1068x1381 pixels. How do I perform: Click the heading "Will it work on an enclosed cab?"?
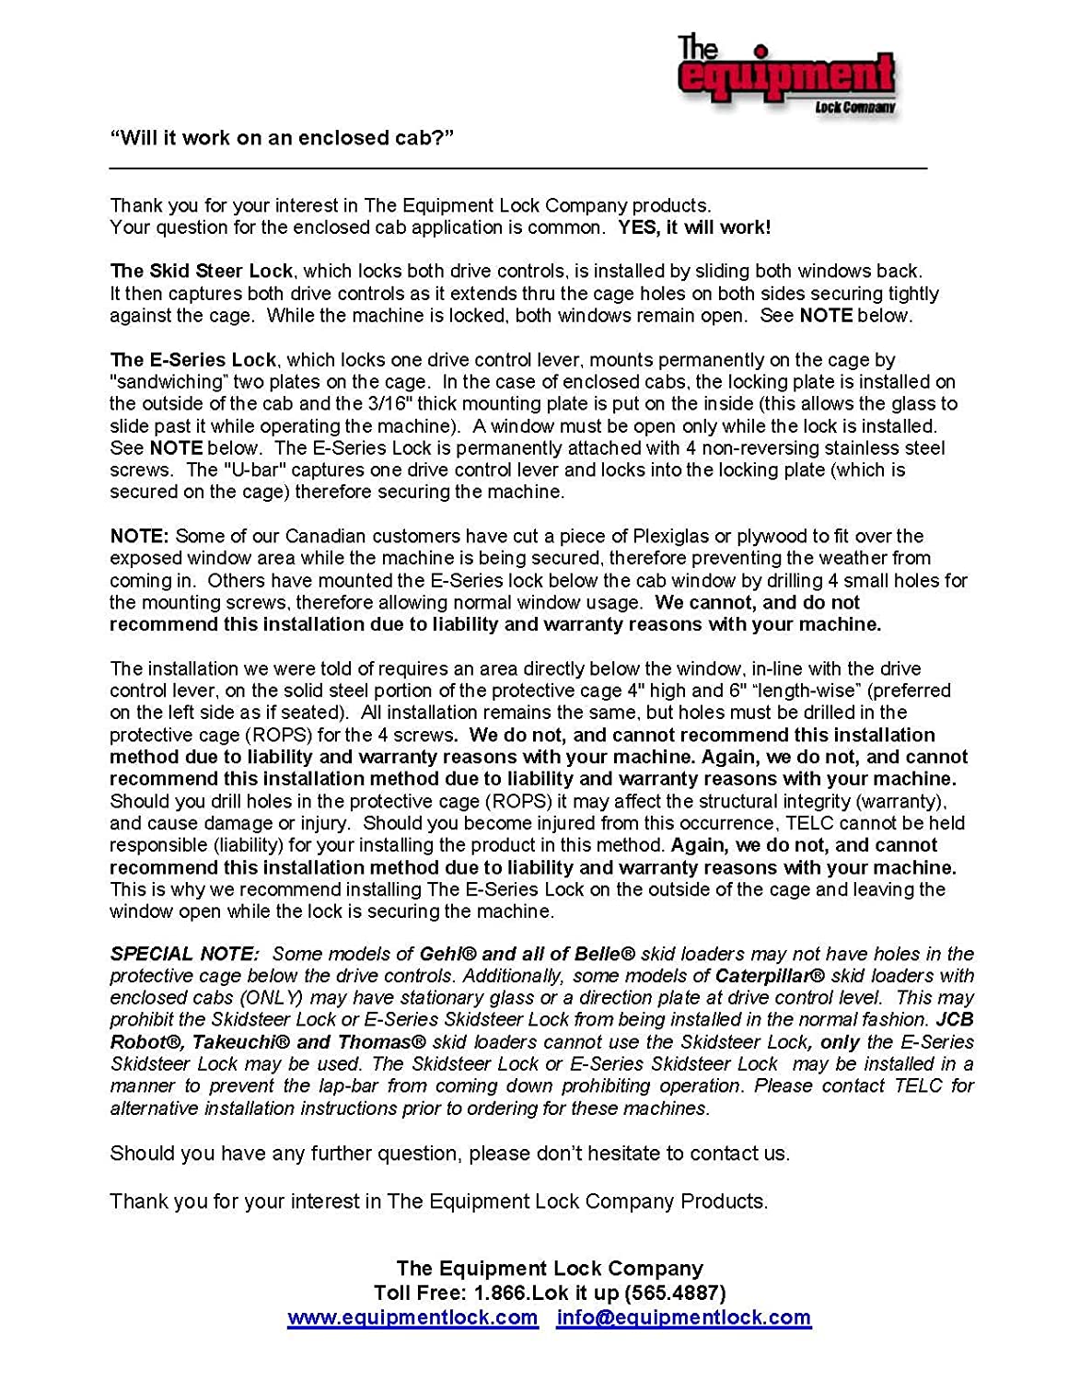tap(282, 138)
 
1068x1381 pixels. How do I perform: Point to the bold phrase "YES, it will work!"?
tap(694, 227)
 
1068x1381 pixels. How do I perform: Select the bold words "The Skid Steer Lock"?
tap(202, 272)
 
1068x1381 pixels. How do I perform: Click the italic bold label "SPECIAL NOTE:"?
tap(185, 954)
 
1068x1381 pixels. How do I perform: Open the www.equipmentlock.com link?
tap(412, 1317)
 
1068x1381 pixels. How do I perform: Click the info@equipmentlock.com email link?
tap(684, 1317)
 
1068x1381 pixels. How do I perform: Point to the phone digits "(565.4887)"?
tap(675, 1293)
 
